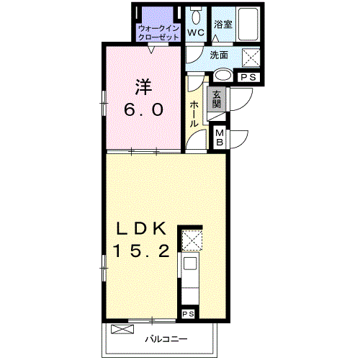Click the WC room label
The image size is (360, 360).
point(196,32)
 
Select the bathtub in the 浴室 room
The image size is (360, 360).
point(248,24)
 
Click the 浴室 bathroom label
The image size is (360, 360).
point(223,24)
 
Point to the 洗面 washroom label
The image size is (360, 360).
point(219,55)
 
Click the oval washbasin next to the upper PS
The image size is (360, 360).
point(223,75)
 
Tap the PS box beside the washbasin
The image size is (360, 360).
point(248,77)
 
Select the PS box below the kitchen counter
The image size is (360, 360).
point(188,314)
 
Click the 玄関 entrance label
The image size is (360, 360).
point(217,99)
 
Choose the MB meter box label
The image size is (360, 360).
point(220,138)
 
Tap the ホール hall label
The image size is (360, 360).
point(194,114)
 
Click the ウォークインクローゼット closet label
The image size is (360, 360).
point(159,33)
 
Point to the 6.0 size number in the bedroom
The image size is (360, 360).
point(144,109)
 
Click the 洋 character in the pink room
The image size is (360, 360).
point(143,87)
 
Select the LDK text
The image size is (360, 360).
point(141,228)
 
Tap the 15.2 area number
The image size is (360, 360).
point(141,251)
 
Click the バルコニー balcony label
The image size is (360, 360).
point(166,339)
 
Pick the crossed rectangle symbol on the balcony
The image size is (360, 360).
point(122,328)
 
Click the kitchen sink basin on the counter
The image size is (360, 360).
point(190,263)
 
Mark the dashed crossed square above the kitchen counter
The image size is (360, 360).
point(192,240)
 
